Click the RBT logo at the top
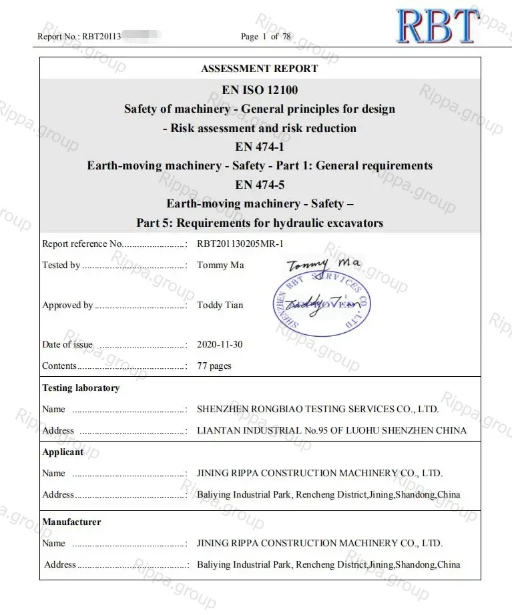[x=437, y=27]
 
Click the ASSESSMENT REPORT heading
[x=260, y=69]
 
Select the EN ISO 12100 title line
[x=260, y=90]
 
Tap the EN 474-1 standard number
[x=260, y=147]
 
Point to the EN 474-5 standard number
[x=260, y=185]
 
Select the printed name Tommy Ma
[x=220, y=265]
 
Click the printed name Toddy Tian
[x=220, y=305]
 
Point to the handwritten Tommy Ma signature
[x=324, y=265]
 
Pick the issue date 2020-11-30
[x=220, y=345]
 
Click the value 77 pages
[x=214, y=366]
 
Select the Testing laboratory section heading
[x=81, y=388]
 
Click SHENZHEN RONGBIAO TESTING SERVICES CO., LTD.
[x=318, y=410]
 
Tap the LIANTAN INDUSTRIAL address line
[x=332, y=431]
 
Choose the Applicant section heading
[x=63, y=452]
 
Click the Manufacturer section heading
[x=71, y=522]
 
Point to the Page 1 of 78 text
[x=266, y=37]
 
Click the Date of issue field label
[x=67, y=345]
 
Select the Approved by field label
[x=67, y=305]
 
